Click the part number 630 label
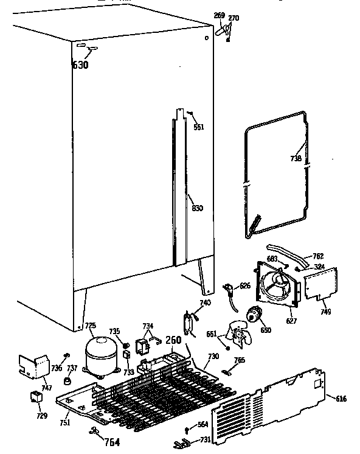tap(80, 65)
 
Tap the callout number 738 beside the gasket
tap(296, 158)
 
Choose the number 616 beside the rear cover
tap(341, 398)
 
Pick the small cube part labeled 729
tap(35, 398)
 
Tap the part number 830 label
tap(197, 208)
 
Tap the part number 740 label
tap(205, 302)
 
